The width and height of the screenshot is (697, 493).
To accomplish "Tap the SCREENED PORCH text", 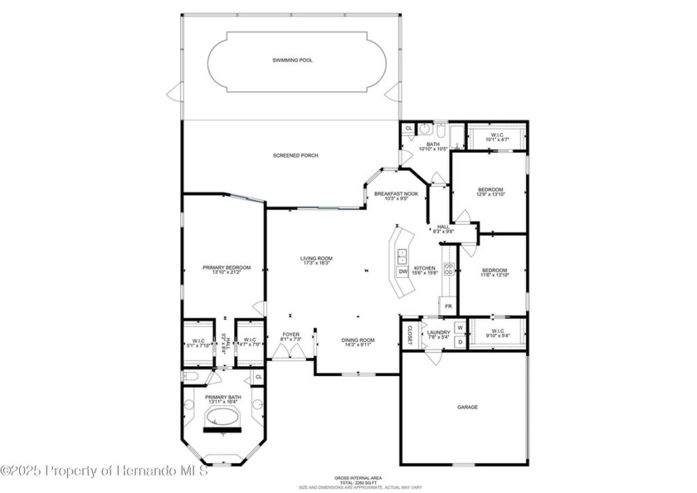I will click(x=295, y=155).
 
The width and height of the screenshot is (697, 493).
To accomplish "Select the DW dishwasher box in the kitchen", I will click(x=402, y=271).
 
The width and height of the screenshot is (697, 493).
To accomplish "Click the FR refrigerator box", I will click(x=448, y=306).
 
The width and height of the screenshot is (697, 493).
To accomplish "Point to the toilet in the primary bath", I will click(x=190, y=377).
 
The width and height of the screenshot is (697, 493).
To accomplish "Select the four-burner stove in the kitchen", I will click(x=448, y=268).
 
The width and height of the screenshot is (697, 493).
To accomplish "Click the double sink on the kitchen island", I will click(x=402, y=254).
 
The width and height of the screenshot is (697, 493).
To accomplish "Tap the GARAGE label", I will click(x=467, y=407).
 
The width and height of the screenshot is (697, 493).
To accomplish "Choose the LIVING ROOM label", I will click(x=316, y=259).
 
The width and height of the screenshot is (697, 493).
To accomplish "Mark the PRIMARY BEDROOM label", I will click(x=227, y=267).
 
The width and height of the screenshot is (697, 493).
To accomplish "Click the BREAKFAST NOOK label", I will click(x=396, y=193).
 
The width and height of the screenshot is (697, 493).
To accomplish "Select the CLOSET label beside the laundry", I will click(x=409, y=334).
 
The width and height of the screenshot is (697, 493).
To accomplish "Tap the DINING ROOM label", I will click(x=358, y=339).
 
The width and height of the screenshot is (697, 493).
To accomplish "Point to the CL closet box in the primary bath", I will click(x=258, y=377).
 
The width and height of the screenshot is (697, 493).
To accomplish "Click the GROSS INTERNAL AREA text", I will click(x=358, y=478).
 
